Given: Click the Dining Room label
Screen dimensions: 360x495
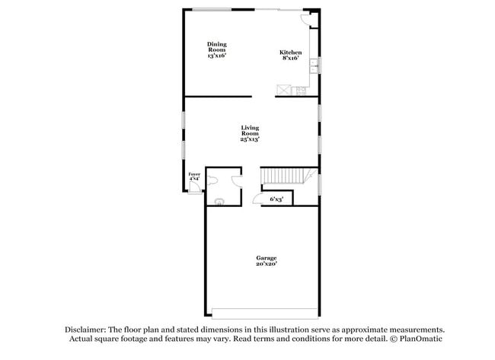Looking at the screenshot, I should click(216, 50).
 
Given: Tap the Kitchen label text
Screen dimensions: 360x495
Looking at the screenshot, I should click(290, 56).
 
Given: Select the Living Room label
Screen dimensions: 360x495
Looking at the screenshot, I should click(250, 134).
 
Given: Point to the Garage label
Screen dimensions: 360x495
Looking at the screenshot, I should click(266, 261).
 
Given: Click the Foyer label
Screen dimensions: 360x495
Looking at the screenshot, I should click(194, 177).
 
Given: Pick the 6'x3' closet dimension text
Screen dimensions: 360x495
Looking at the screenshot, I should click(277, 199).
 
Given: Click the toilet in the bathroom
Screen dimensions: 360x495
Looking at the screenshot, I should click(213, 180).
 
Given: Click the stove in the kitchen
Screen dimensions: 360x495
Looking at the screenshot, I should click(300, 91).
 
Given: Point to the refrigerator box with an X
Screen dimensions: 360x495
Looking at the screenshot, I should click(283, 90).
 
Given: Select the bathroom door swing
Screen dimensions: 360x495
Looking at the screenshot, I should click(237, 180).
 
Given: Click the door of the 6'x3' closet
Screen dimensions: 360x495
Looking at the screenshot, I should click(257, 199).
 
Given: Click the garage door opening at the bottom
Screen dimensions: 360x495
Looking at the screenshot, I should click(265, 314).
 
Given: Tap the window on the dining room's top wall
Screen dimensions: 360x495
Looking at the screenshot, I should click(212, 9).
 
